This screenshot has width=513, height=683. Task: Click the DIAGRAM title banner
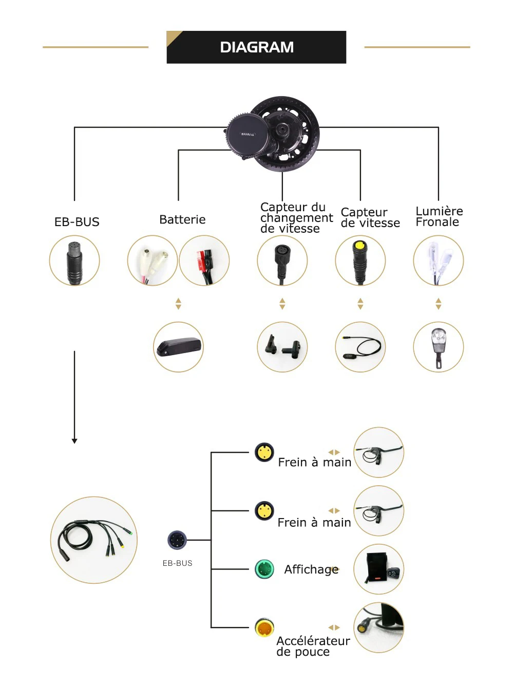point(256,47)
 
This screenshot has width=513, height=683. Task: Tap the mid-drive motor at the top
point(272,134)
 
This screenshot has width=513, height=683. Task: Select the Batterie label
point(182,219)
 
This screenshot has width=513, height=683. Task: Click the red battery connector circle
point(204,261)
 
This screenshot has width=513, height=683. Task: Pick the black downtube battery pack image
point(179,347)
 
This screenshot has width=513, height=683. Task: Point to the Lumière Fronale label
point(439,216)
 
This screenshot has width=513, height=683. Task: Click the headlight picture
point(438,347)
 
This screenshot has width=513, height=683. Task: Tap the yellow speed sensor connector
point(360,261)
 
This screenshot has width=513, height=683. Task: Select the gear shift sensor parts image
point(282,347)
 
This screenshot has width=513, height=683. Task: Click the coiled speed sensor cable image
point(360,347)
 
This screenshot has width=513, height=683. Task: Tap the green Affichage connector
point(264,569)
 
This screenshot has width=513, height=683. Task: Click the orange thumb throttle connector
point(264,627)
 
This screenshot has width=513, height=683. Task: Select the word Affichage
point(311,569)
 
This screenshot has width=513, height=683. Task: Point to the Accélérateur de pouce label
point(313,646)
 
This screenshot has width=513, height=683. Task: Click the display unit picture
point(379,569)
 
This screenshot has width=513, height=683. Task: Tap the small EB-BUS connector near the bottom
point(177,540)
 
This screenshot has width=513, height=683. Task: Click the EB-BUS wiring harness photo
point(94,540)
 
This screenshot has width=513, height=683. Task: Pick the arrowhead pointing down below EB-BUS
point(74,440)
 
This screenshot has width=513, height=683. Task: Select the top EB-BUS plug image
point(74,261)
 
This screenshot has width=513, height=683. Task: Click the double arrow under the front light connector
point(438,304)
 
